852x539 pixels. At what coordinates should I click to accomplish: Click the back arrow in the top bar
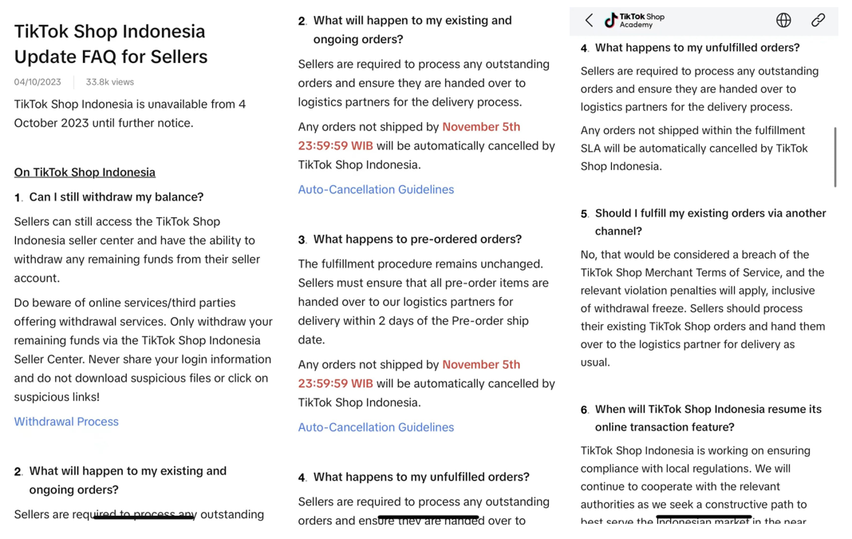tap(589, 21)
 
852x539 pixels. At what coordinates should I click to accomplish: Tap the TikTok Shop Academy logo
tap(635, 20)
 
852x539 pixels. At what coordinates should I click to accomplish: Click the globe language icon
tap(783, 21)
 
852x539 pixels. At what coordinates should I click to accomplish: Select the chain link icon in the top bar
tap(818, 21)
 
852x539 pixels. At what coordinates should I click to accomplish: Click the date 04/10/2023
tap(37, 82)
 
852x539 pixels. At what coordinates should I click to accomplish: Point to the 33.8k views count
tap(110, 82)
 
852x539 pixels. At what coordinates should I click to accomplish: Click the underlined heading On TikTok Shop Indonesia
tap(85, 172)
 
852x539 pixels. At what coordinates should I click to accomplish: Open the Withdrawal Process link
tap(66, 422)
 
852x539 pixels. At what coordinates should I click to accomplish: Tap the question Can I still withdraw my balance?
tap(116, 197)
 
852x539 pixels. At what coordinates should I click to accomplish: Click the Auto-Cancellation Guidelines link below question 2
tap(376, 190)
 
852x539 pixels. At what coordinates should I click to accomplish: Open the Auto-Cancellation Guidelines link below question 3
tap(376, 428)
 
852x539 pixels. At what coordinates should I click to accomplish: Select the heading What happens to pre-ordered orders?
tap(417, 240)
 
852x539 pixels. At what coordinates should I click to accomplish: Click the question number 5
tap(584, 214)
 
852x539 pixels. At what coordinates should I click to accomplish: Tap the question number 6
tap(584, 410)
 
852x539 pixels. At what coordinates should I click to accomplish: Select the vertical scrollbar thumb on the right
tap(835, 157)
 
